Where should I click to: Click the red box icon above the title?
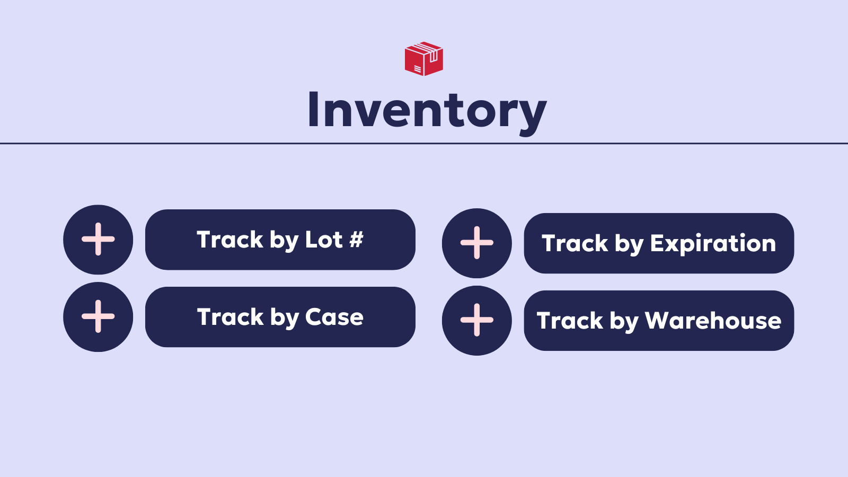tap(424, 59)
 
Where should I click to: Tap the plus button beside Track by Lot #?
tap(98, 240)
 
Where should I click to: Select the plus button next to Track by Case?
tap(98, 317)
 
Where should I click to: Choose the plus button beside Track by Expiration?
tap(477, 243)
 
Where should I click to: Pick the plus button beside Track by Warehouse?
tap(477, 321)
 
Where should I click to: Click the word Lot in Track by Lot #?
tap(324, 240)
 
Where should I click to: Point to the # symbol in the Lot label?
tap(356, 240)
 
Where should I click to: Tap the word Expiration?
tap(713, 243)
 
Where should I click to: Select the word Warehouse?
tap(713, 321)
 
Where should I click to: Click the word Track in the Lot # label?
tap(230, 240)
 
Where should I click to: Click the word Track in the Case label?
tap(230, 317)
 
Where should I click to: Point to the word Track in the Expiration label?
tap(575, 243)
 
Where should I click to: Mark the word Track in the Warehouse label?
tap(570, 321)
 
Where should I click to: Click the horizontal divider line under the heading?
tap(424, 143)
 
